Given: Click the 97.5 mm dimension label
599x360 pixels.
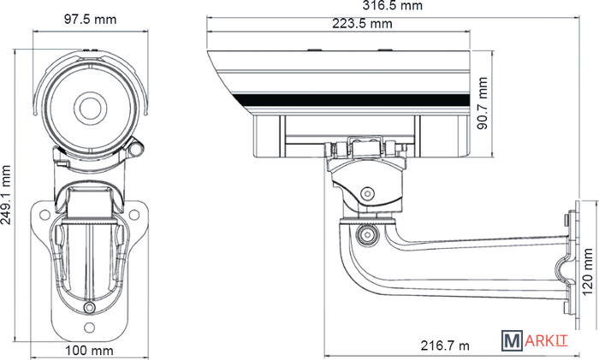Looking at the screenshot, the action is pos(90,19).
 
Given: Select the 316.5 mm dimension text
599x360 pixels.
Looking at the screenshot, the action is pos(393,5).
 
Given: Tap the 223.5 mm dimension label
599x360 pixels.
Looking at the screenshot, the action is pos(362,24).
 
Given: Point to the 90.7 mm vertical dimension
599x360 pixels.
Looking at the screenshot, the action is pos(483,103).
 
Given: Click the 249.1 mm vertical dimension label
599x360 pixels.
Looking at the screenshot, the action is pos(6,195).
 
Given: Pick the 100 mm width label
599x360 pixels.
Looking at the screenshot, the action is pos(89,350).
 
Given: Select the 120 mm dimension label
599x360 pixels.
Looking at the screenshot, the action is pos(588,272).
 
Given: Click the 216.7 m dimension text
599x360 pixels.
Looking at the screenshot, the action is pos(445,345).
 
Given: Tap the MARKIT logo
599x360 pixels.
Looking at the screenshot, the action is pos(535,340).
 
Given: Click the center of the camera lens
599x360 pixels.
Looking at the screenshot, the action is pos(90,108).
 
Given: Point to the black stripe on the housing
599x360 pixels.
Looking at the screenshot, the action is pos(353,100).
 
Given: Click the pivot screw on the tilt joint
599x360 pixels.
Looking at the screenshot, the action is pos(367,193).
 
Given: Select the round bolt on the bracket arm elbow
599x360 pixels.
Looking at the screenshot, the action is pos(368,234).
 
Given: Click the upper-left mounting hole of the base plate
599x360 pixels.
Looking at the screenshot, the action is pos(44,215).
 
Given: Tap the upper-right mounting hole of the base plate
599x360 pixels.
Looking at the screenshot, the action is pos(134,215).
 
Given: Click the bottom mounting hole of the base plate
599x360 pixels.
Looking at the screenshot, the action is pos(89,328).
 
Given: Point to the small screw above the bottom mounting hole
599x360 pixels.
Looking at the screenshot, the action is pos(89,307).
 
